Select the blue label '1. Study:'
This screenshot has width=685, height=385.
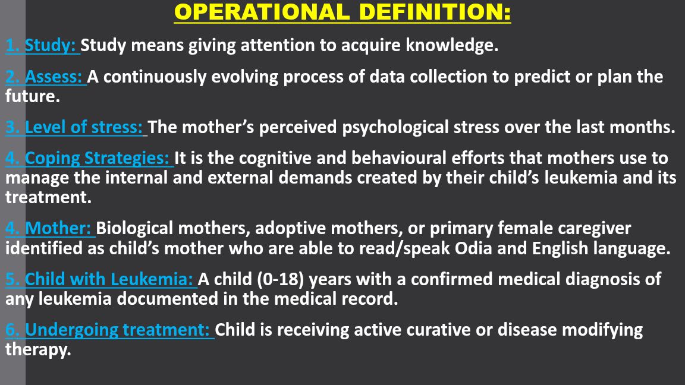[42, 45]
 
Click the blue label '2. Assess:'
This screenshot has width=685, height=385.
[46, 77]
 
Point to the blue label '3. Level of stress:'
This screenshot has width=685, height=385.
[76, 127]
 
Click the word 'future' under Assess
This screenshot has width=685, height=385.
[31, 96]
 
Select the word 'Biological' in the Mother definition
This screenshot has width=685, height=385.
[135, 228]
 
